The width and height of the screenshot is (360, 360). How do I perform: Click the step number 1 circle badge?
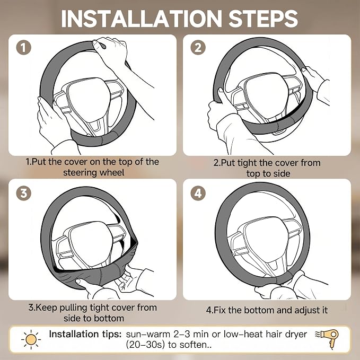[24, 48]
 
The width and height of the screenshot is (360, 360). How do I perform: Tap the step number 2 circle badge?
[198, 48]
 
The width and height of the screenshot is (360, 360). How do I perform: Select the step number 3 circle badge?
[24, 193]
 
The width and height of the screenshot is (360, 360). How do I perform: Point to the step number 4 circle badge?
[198, 193]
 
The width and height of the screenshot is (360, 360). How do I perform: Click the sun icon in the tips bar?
[31, 339]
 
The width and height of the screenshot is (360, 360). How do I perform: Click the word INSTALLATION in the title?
[142, 19]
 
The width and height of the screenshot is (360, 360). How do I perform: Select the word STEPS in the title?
[264, 19]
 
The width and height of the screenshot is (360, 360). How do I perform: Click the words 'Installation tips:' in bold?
[85, 334]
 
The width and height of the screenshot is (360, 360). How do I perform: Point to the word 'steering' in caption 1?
[81, 173]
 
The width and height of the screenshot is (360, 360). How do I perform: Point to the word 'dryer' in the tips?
[296, 335]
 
